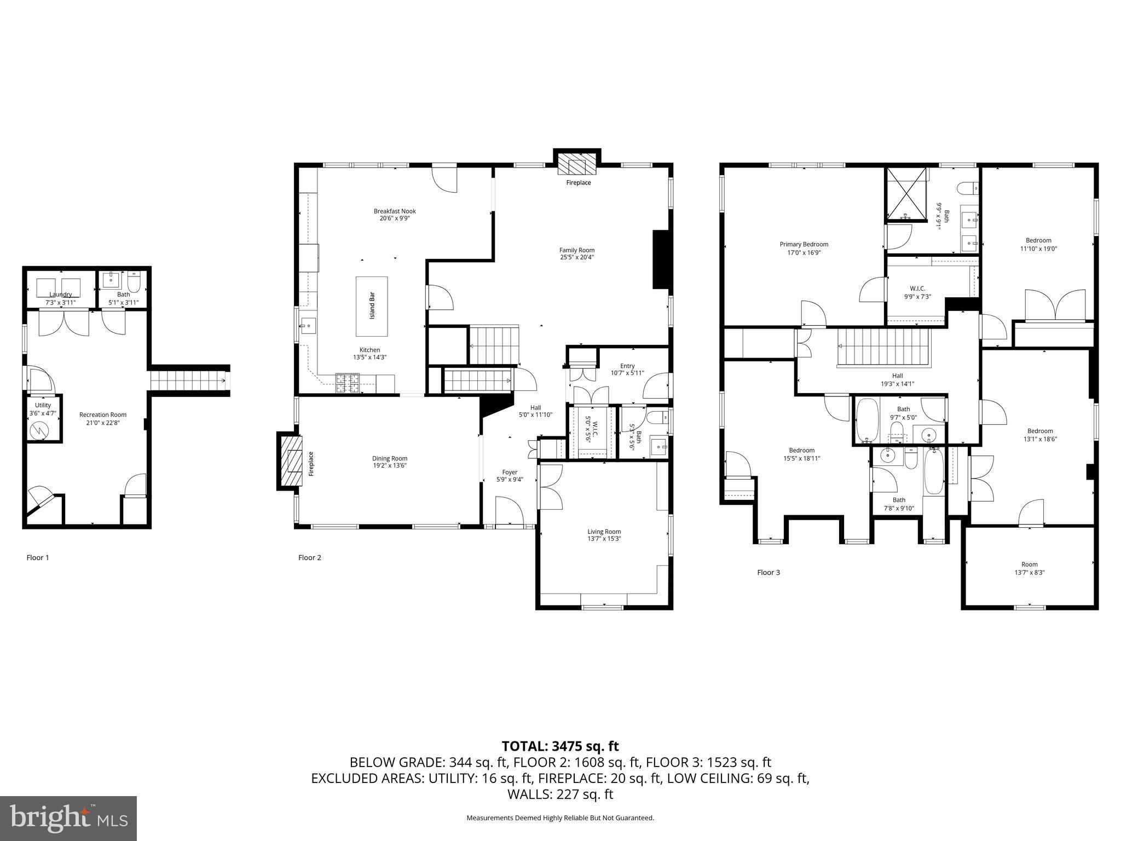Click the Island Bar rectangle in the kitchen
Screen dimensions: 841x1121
tap(372, 306)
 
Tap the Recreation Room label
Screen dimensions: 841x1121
tap(103, 414)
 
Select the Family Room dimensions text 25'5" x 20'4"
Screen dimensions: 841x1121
tap(577, 257)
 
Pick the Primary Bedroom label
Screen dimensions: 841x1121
tap(804, 244)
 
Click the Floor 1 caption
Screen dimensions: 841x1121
tap(38, 557)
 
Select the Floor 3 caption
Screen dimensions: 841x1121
tap(768, 572)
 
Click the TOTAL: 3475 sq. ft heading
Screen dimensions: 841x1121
tap(560, 746)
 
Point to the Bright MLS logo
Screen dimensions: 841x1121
tap(68, 818)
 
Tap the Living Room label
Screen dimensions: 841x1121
tap(604, 531)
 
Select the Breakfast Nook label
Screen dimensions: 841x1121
tap(395, 211)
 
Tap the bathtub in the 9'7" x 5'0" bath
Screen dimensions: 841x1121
tap(867, 420)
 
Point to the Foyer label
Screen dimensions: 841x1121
tap(510, 472)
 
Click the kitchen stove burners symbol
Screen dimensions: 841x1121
tap(347, 383)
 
